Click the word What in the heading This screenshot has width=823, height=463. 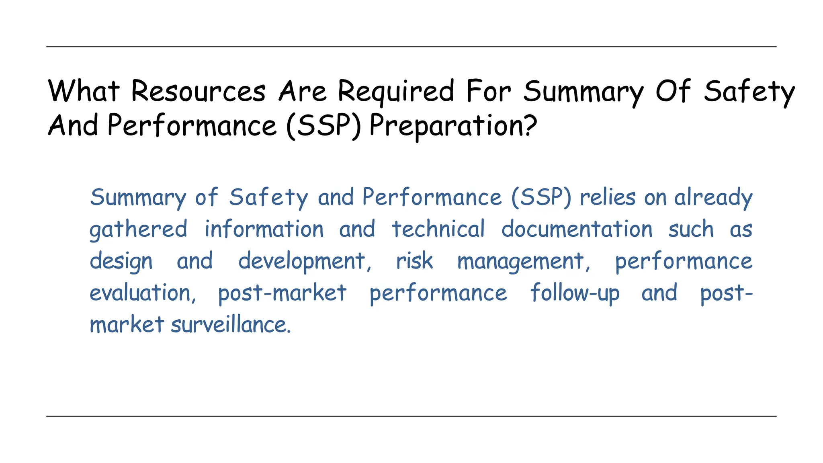84,91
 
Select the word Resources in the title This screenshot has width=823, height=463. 198,91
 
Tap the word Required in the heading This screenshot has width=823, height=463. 396,92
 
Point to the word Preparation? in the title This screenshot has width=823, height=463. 453,126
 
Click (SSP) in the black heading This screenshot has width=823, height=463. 323,126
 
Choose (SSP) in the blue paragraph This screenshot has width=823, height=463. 541,198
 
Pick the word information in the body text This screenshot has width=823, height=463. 264,229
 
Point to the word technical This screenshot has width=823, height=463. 438,229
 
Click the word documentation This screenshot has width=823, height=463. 577,229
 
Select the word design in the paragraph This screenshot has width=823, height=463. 121,262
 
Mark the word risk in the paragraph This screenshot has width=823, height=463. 414,261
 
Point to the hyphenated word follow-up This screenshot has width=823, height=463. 575,293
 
